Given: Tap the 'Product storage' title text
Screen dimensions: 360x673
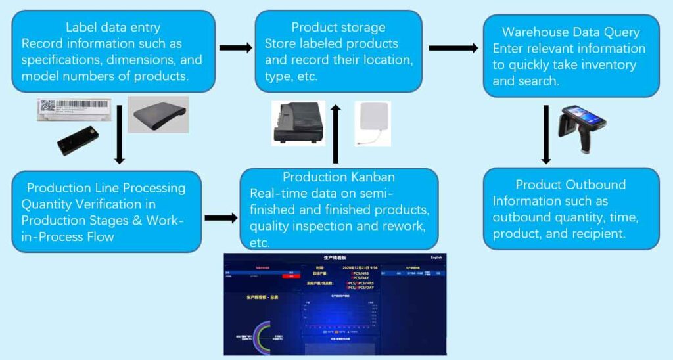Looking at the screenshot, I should [338, 28].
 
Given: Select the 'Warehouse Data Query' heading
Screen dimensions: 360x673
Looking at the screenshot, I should [570, 32].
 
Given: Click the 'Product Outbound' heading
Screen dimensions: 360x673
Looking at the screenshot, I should [570, 185].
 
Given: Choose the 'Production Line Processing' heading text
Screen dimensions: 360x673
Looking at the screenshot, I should [106, 188].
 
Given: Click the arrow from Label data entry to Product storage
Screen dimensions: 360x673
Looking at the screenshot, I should [235, 47].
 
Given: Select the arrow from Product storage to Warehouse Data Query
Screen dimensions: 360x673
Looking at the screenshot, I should [453, 47].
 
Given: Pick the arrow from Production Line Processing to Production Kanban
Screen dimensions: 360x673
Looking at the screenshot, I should [220, 217].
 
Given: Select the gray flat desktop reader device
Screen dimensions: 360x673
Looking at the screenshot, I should [158, 115].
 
